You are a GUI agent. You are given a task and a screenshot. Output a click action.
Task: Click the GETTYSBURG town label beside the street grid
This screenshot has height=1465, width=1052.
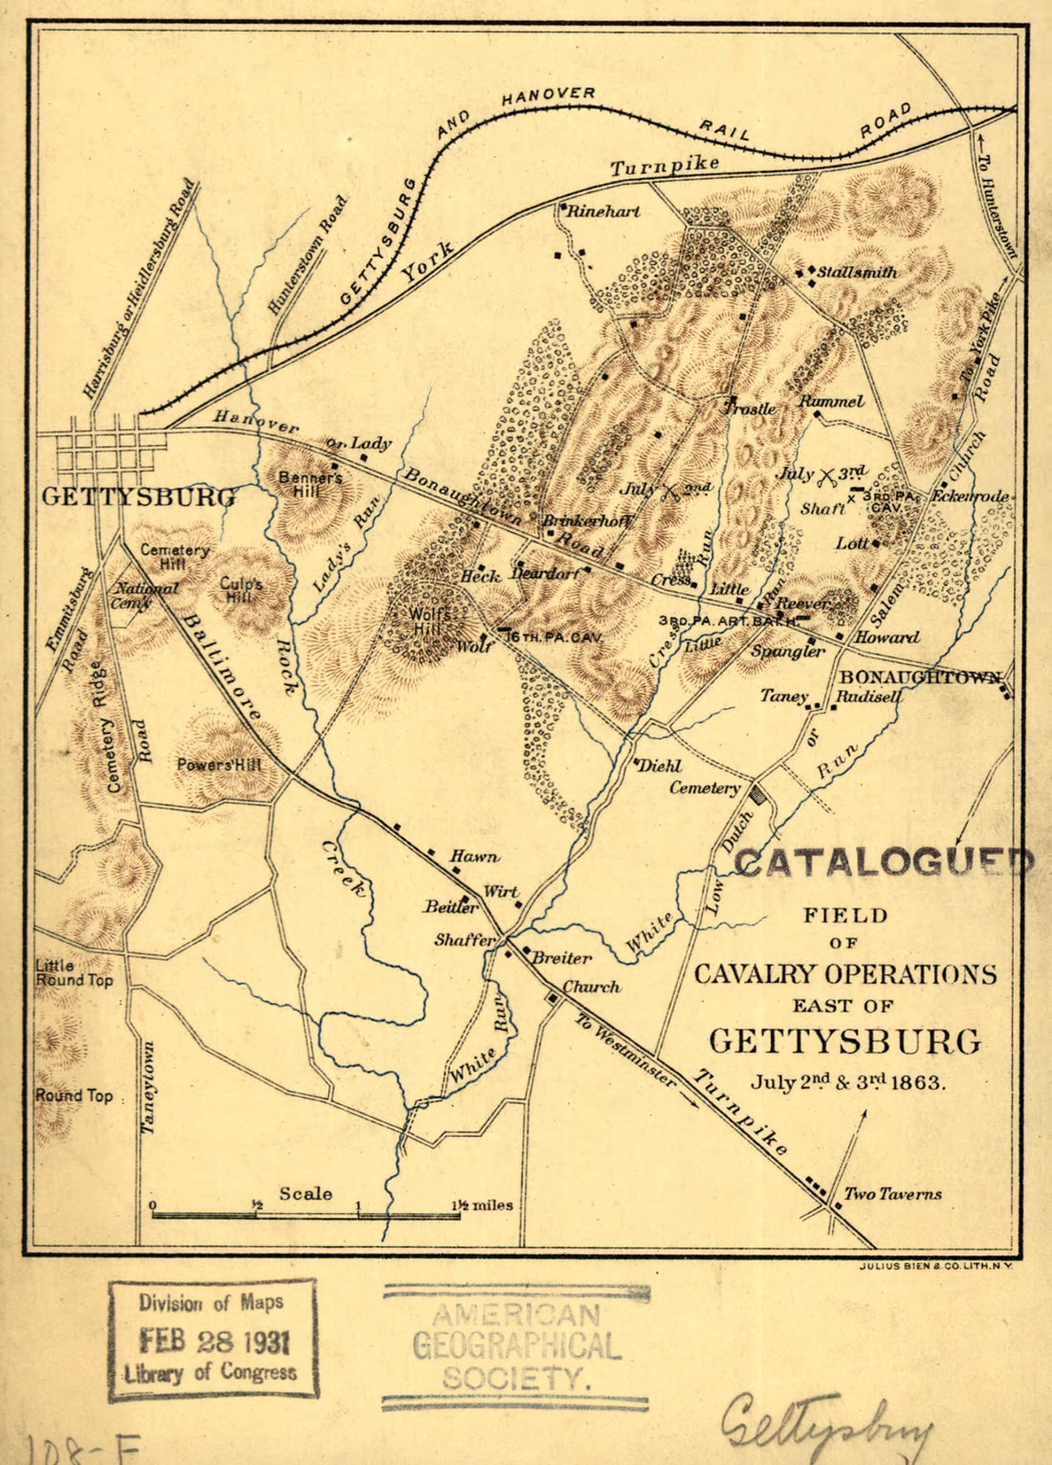point(139,498)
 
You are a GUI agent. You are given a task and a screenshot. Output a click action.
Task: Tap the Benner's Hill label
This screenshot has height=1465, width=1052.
point(311,484)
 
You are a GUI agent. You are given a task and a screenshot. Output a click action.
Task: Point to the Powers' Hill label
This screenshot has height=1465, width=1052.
point(219,766)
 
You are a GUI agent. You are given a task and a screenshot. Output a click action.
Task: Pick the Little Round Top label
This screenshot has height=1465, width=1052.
point(74,972)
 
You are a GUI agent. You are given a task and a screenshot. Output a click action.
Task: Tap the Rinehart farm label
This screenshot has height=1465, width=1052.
point(603,211)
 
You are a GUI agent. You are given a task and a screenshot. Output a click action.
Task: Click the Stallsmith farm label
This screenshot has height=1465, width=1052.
point(858,273)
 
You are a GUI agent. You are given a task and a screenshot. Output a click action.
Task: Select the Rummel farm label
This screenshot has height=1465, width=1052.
point(831,402)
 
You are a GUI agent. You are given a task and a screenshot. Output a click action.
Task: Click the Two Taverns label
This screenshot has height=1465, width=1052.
point(892,1194)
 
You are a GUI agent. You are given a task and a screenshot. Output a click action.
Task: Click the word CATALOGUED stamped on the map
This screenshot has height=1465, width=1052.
point(883,862)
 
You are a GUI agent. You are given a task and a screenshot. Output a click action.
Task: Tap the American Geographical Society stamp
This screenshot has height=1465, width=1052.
point(516,1346)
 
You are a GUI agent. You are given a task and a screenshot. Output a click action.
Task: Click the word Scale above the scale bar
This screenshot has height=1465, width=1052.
point(305,1193)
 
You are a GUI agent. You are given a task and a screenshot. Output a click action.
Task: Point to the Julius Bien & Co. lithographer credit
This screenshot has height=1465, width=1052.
point(935,1266)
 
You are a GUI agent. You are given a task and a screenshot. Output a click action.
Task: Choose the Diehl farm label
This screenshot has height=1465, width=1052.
point(660,766)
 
